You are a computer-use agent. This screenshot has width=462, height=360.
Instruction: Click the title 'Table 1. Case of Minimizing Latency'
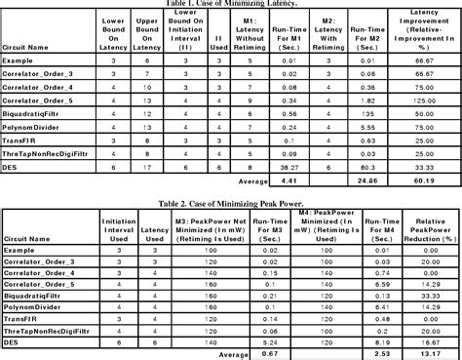pos(231,4)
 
